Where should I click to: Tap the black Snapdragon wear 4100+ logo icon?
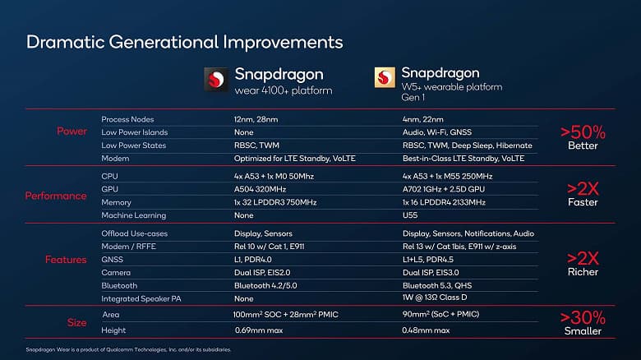(215, 80)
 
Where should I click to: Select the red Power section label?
(71, 132)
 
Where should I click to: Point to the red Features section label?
(66, 260)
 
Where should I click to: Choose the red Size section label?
(76, 322)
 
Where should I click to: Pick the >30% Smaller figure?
(583, 322)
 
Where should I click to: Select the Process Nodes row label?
(127, 119)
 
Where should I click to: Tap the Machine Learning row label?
(133, 215)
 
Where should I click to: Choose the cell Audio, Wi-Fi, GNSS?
(436, 132)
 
